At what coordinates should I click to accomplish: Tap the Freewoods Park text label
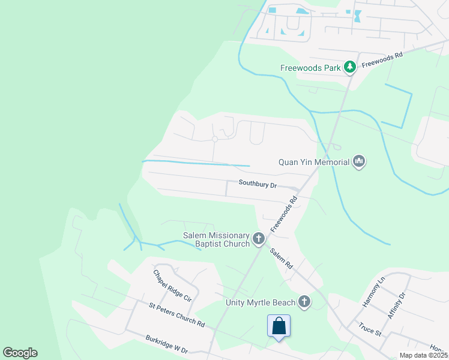[x=310, y=68]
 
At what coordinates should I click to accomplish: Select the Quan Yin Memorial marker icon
[x=359, y=161]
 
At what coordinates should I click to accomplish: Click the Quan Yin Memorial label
[x=314, y=162]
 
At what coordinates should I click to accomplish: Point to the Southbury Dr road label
[x=258, y=185]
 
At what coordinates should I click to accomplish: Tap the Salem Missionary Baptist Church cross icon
[x=259, y=239]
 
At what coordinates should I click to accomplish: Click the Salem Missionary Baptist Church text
[x=217, y=239]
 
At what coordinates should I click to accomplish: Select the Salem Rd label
[x=281, y=259]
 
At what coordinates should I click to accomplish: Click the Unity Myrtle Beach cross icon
[x=304, y=301]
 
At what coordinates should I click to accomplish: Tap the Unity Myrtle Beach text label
[x=261, y=302]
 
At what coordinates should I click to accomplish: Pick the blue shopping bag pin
[x=279, y=327]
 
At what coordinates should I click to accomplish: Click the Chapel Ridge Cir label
[x=172, y=285]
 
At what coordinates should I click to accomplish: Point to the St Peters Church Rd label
[x=177, y=314]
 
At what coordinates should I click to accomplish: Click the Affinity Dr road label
[x=397, y=304]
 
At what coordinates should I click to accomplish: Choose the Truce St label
[x=370, y=329]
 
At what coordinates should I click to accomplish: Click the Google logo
[x=20, y=353]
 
